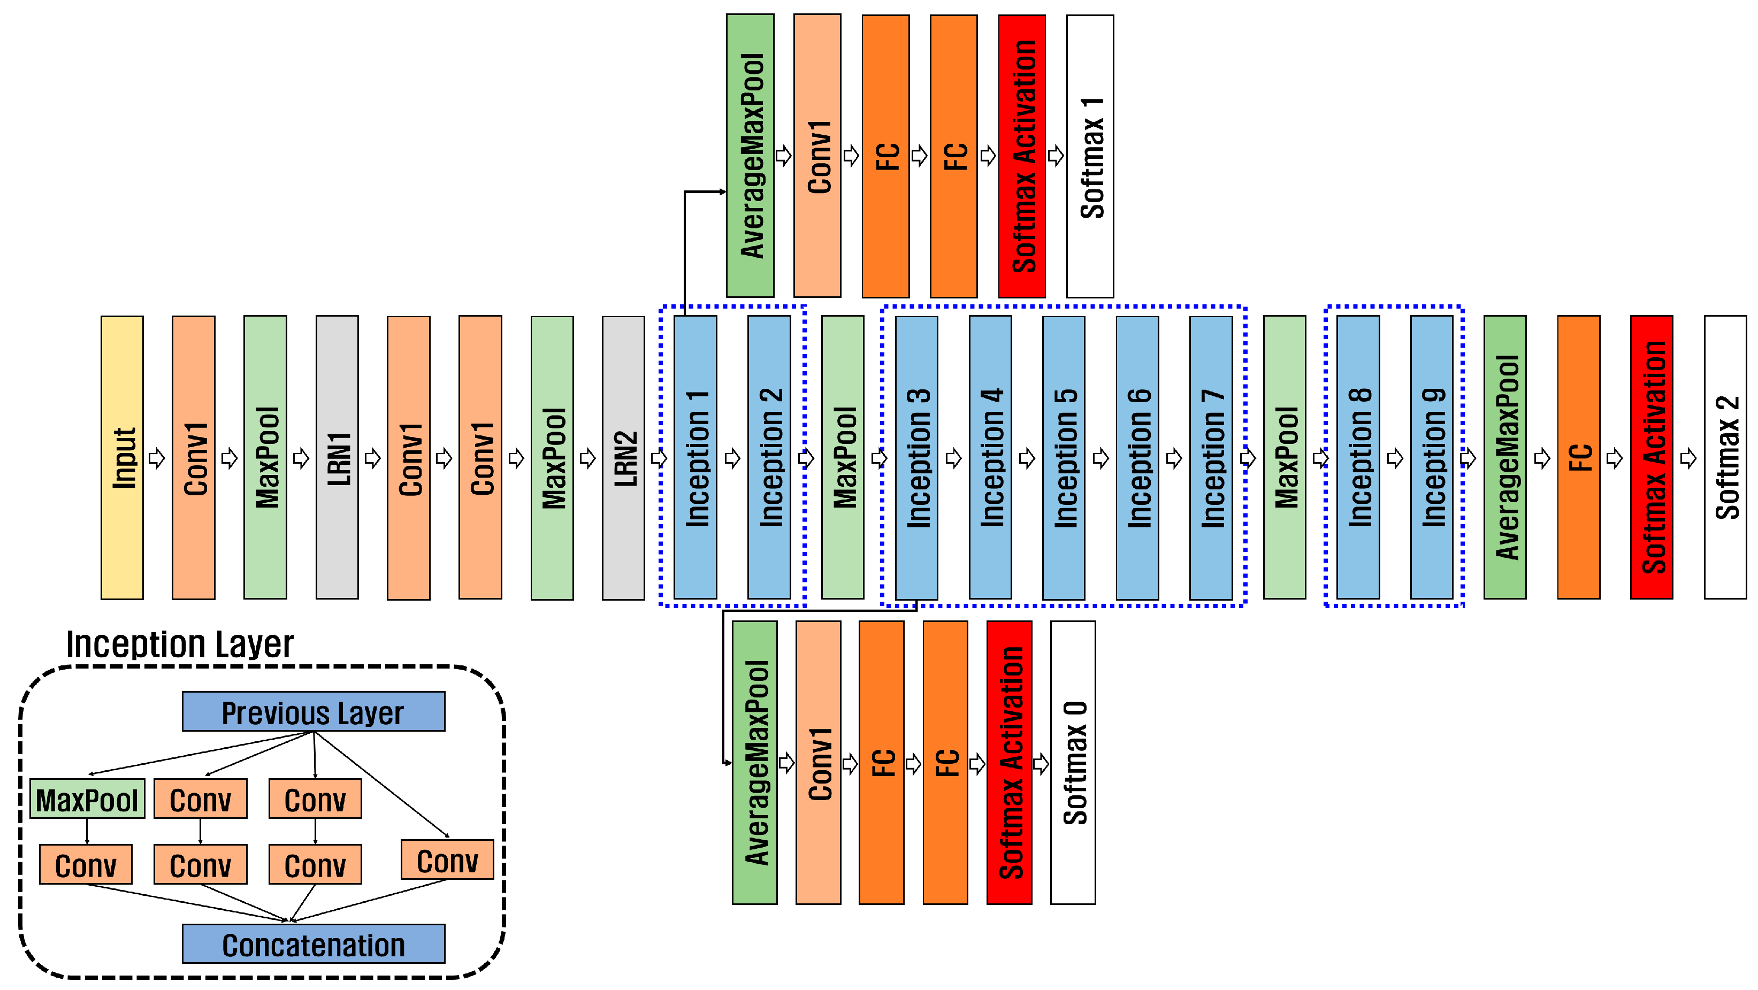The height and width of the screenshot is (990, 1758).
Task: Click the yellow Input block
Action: (122, 457)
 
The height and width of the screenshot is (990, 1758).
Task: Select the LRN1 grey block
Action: (337, 457)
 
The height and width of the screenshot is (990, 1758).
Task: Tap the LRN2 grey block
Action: (623, 457)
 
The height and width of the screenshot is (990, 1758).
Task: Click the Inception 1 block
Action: (695, 457)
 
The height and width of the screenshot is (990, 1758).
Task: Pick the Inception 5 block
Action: (1063, 457)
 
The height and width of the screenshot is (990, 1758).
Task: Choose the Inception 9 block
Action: (1431, 457)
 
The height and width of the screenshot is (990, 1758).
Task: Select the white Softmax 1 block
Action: (1090, 156)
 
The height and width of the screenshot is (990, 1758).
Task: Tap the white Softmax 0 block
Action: (1073, 762)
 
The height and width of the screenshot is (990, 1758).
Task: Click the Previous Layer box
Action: (314, 712)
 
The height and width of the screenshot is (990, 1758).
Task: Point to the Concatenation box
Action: (314, 945)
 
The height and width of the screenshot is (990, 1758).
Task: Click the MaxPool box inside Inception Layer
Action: (87, 799)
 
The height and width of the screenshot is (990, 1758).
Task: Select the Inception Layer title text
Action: (179, 643)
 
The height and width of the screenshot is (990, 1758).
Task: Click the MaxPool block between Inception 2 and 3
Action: (842, 457)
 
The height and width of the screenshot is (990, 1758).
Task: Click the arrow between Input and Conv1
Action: (157, 457)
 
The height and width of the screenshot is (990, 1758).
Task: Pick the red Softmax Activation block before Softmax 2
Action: (1651, 457)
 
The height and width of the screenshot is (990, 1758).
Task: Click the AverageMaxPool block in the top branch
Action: (750, 156)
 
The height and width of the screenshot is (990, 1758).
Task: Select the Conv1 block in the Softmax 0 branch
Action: (817, 762)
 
